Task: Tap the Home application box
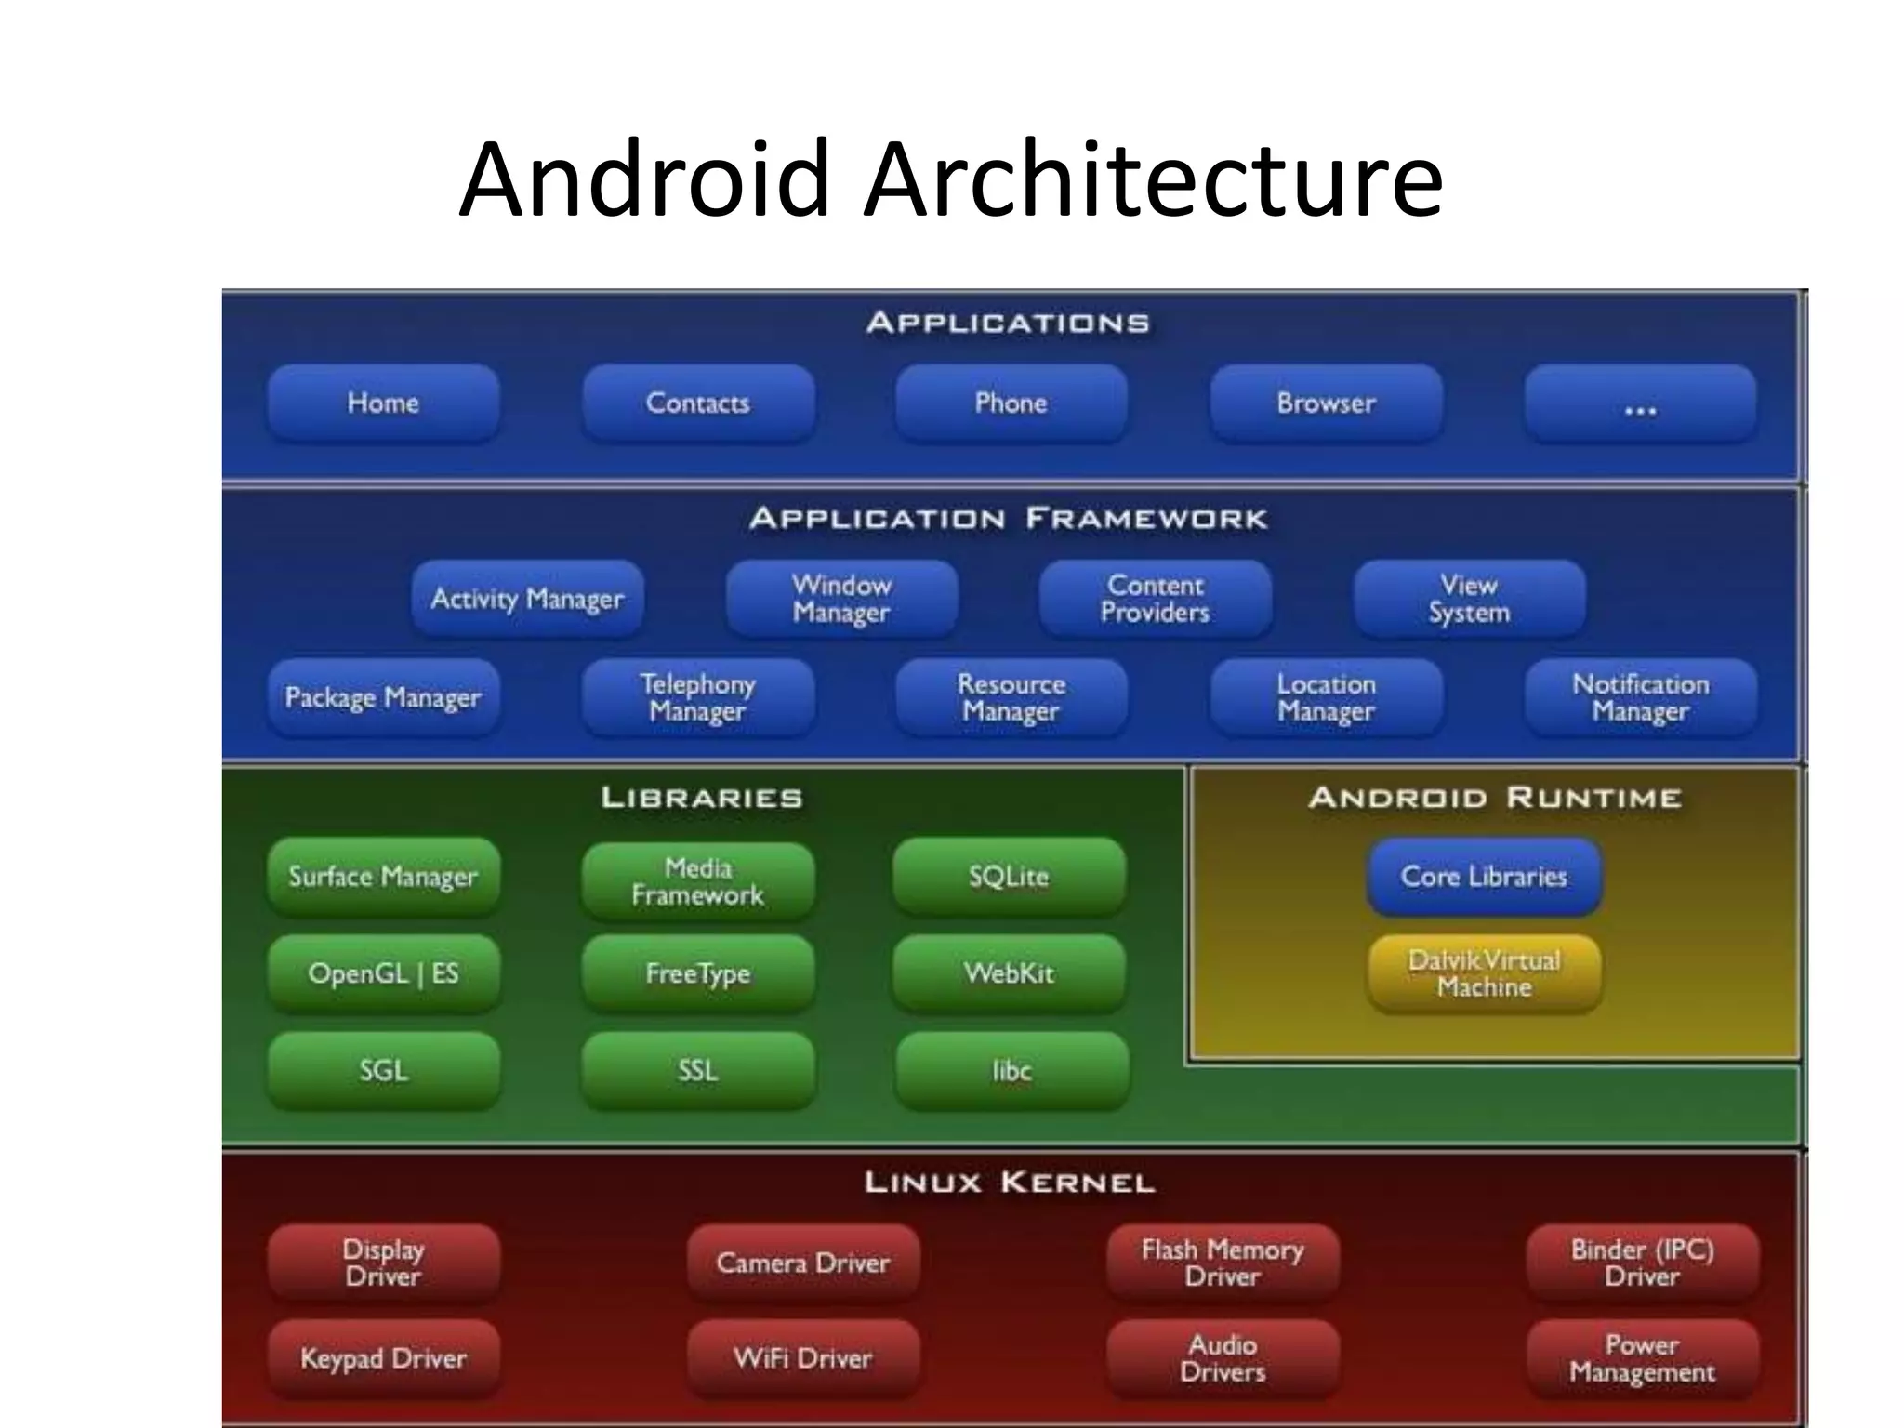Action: (x=383, y=403)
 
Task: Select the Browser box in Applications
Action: (x=1326, y=403)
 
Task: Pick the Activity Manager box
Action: (x=527, y=599)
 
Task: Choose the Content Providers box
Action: (x=1155, y=599)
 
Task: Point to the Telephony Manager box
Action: (x=697, y=697)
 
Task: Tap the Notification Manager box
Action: (x=1640, y=697)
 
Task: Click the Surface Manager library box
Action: (x=383, y=877)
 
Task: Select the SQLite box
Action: (x=1010, y=877)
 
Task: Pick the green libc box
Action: (x=1011, y=1071)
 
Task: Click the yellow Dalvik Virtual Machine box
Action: (x=1484, y=973)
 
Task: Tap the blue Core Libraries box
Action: (x=1484, y=877)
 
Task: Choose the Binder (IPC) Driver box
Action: (x=1642, y=1263)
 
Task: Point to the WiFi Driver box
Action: (x=803, y=1358)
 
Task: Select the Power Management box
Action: (x=1642, y=1358)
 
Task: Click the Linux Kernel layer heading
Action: (x=1010, y=1183)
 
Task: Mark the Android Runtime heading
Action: (x=1495, y=798)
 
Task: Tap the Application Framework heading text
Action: (x=1008, y=519)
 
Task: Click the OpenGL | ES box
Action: (x=383, y=973)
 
